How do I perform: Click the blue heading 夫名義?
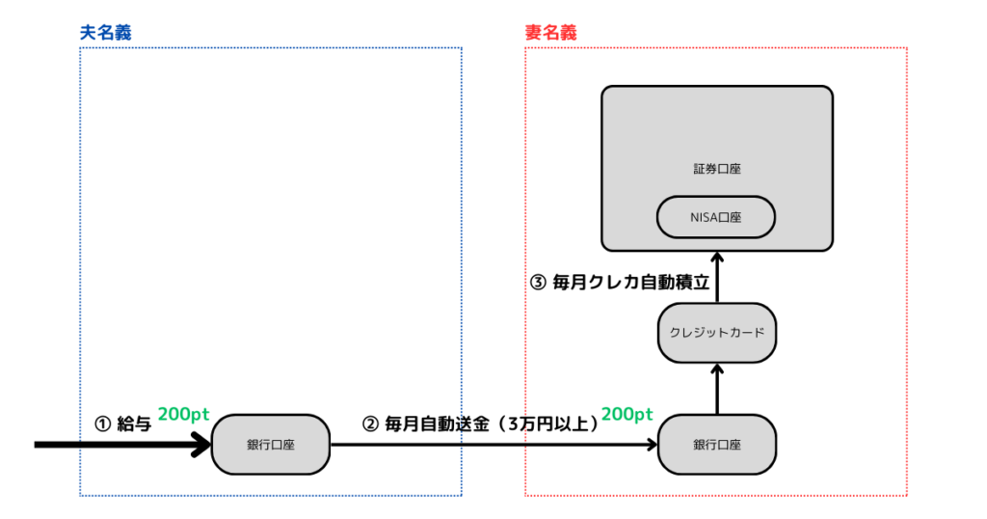(x=105, y=33)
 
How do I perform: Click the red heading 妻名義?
(x=550, y=33)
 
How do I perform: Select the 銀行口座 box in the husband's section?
(x=270, y=445)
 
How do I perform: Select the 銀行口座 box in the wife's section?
(x=716, y=445)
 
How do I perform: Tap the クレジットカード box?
(x=716, y=333)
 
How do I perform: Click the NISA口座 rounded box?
(x=716, y=217)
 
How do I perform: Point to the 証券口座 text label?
(x=716, y=169)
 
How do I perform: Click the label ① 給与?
(x=122, y=423)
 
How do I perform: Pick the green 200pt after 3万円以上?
(x=627, y=415)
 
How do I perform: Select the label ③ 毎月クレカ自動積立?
(x=621, y=283)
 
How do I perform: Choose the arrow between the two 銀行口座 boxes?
(x=492, y=445)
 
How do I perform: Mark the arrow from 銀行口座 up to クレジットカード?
(x=716, y=389)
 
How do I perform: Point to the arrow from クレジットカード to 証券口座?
(x=716, y=277)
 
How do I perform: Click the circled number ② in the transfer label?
(x=370, y=423)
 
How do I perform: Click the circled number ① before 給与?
(x=101, y=423)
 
